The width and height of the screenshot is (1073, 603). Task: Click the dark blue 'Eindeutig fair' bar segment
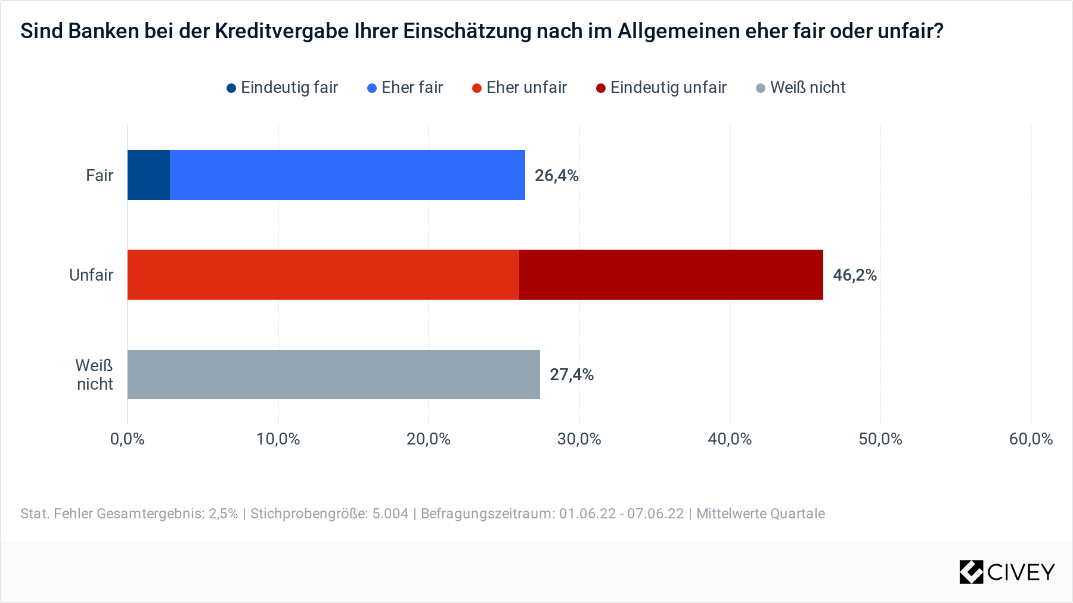pos(148,175)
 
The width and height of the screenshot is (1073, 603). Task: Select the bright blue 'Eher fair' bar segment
pos(347,175)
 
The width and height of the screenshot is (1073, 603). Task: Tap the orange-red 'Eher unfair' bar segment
pos(323,275)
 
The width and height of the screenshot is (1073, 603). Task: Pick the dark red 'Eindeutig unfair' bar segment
pos(671,275)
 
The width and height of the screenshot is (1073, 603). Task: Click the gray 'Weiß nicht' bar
pos(333,374)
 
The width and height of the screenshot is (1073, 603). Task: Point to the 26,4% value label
pos(556,176)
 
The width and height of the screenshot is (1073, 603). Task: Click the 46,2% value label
pos(854,275)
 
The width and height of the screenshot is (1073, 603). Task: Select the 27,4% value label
pos(571,375)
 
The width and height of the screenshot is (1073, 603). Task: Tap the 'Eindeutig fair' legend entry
pos(283,88)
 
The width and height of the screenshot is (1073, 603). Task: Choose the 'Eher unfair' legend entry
pos(519,88)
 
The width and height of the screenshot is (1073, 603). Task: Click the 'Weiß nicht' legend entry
pos(801,88)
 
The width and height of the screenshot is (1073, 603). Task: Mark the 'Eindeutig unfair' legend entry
pos(661,88)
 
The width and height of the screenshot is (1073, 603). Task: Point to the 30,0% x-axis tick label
pos(579,439)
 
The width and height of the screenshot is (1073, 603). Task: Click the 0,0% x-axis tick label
pos(128,439)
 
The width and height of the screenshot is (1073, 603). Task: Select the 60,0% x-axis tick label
pos(1031,439)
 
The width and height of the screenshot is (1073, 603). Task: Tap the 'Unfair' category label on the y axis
pos(91,275)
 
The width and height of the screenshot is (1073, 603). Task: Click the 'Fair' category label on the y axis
pos(100,176)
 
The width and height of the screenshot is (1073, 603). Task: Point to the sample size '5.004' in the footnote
pos(390,514)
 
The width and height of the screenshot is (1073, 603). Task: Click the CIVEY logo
pos(1007,572)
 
